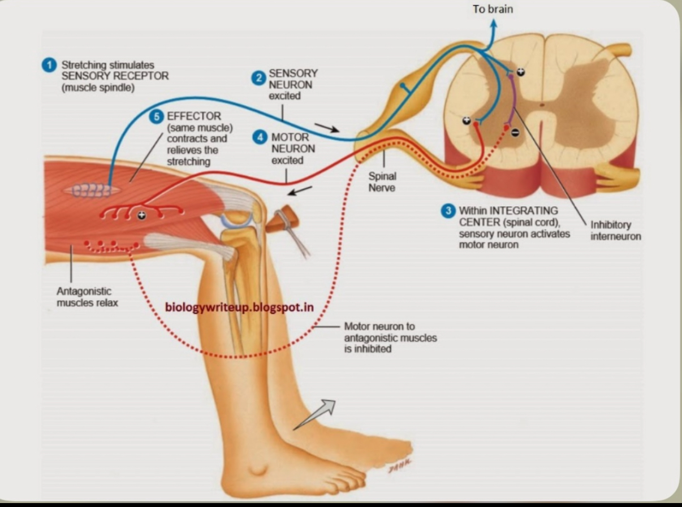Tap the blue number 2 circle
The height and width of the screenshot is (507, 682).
[x=259, y=79]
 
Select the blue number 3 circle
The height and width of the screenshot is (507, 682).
[x=448, y=211]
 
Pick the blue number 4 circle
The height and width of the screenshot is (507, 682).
[x=260, y=137]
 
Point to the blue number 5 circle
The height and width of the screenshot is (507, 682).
[x=157, y=116]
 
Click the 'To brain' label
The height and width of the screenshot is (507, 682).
[x=493, y=10]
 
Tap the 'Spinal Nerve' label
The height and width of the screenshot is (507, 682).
[x=382, y=181]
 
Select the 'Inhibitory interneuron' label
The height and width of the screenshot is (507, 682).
[x=616, y=230]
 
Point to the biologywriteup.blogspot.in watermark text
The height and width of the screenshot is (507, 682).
[x=239, y=307]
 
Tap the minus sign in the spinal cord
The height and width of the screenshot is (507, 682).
[x=515, y=132]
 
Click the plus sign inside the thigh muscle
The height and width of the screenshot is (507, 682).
[x=141, y=215]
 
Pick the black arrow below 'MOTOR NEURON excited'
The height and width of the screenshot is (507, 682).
[x=300, y=191]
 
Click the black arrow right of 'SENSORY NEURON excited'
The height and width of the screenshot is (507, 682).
[x=327, y=127]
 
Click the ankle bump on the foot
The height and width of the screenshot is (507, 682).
[x=260, y=469]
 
